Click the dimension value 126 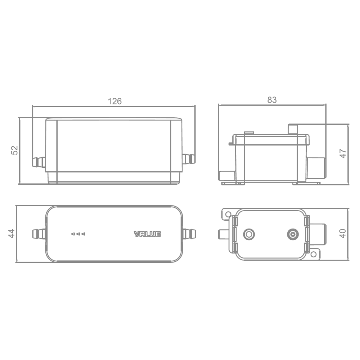click(x=114, y=101)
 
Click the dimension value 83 click(x=272, y=100)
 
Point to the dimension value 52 click(x=14, y=150)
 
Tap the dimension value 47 click(x=343, y=153)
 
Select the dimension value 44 click(x=12, y=234)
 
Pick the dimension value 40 click(x=343, y=234)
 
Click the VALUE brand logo click(x=147, y=234)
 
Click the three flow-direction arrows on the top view click(x=78, y=234)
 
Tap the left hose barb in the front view click(x=39, y=162)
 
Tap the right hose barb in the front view click(x=189, y=159)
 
